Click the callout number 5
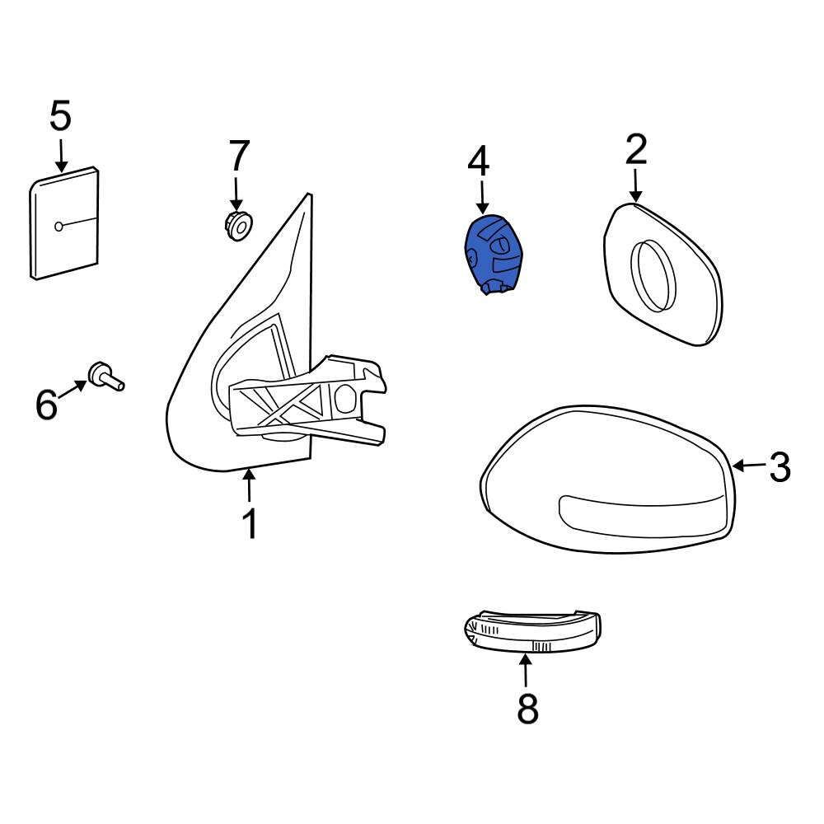pos(60,117)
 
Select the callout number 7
pos(239,156)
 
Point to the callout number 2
pos(636,149)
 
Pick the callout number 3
pos(780,466)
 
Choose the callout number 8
pos(527,709)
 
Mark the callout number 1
pos(250,523)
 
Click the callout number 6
pos(46,404)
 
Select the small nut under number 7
pos(238,226)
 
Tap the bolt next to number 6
pos(106,377)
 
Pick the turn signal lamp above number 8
pos(532,632)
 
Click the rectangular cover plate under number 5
pos(64,222)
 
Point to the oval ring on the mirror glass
pos(653,275)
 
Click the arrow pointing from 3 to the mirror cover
pos(749,465)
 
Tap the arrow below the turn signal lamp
pos(525,670)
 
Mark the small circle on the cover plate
pos(59,227)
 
